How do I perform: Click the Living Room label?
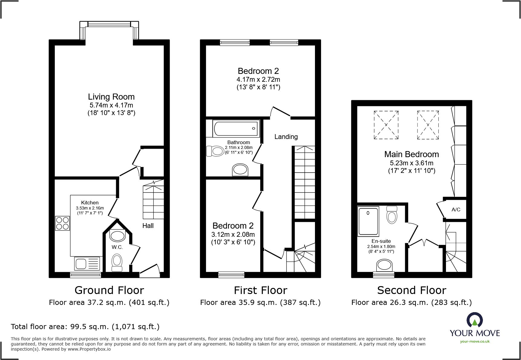[111, 97]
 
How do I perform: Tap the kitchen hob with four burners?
[62, 223]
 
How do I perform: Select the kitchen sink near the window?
[87, 263]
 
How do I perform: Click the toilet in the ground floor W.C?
[117, 262]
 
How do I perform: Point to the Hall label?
[148, 226]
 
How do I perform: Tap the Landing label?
[286, 137]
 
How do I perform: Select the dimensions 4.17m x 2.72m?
[258, 80]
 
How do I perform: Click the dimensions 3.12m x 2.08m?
[233, 235]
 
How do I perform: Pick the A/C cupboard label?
[456, 210]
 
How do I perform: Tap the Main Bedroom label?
[411, 154]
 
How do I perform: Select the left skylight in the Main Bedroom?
[386, 125]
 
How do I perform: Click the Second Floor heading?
[411, 290]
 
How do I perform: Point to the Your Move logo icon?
[474, 320]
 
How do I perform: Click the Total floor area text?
[85, 327]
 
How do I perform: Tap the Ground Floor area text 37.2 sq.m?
[109, 302]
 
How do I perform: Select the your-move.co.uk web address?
[475, 342]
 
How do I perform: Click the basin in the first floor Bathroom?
[240, 170]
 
